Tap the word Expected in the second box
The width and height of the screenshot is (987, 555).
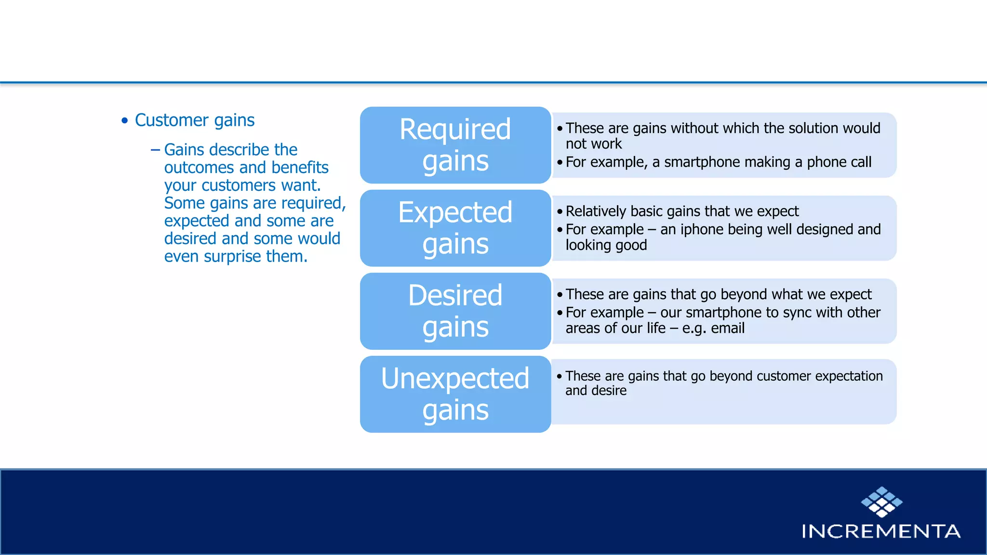point(455,212)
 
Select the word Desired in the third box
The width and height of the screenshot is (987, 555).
point(455,295)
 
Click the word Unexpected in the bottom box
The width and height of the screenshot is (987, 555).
point(455,378)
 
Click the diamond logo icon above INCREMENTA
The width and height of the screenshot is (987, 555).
point(881,502)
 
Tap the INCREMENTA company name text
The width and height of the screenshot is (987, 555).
point(881,531)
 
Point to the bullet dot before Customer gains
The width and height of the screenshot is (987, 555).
point(125,120)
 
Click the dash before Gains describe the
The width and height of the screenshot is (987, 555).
point(155,150)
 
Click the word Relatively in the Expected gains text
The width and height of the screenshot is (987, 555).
point(596,211)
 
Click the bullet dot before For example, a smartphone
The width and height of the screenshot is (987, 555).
point(560,163)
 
